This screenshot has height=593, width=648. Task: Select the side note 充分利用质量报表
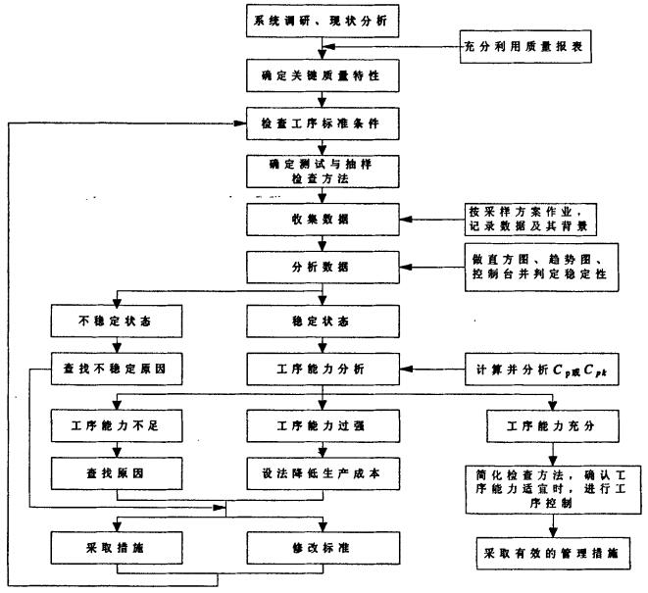coord(527,46)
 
